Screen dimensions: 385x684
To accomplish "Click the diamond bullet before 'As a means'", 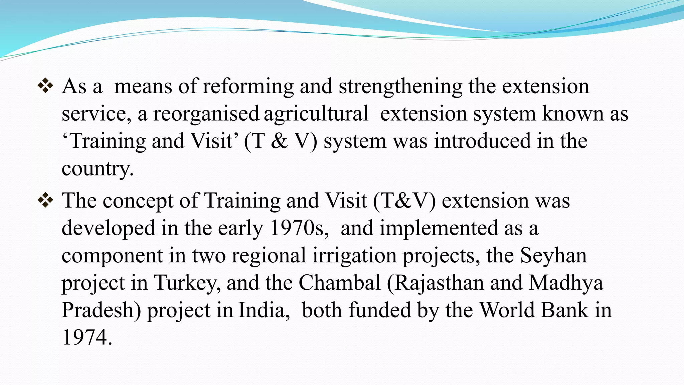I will (45, 86).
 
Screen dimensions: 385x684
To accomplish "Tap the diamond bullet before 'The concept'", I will (45, 200).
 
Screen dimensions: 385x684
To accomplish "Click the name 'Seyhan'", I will (553, 256).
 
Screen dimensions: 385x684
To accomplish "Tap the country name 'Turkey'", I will (185, 283).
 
